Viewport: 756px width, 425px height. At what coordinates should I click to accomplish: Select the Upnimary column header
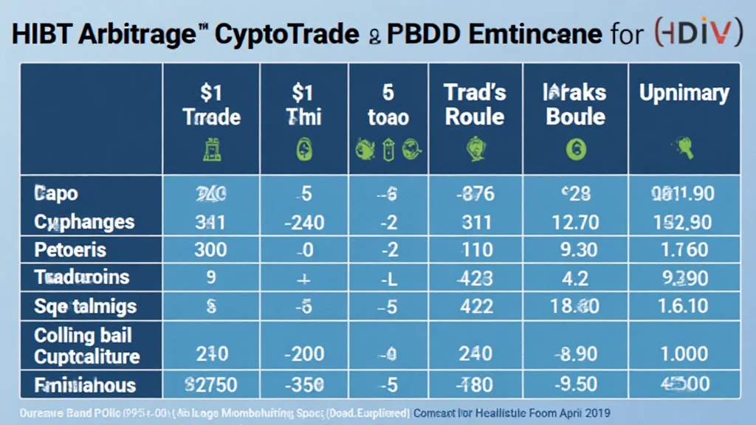click(x=684, y=94)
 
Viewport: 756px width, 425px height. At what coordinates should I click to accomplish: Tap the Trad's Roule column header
click(x=475, y=104)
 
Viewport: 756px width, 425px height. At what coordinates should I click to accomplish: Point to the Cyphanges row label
click(x=84, y=221)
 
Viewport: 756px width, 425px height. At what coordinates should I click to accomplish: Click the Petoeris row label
click(x=70, y=249)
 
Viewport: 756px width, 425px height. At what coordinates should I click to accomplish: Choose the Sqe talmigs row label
click(x=85, y=305)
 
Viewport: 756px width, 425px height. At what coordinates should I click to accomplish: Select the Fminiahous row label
click(x=85, y=384)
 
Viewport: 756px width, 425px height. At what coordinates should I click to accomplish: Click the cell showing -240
click(x=303, y=221)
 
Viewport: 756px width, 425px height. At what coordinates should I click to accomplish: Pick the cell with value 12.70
click(x=576, y=221)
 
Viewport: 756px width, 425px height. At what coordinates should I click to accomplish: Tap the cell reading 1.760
click(x=684, y=249)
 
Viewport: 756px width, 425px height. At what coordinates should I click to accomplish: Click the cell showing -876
click(x=475, y=194)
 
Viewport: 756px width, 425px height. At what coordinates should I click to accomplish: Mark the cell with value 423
click(x=475, y=277)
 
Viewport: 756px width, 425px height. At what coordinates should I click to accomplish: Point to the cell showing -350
click(x=303, y=384)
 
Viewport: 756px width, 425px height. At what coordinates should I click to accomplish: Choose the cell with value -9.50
click(x=576, y=384)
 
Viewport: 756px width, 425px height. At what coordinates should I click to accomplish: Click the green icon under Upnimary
click(x=684, y=148)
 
